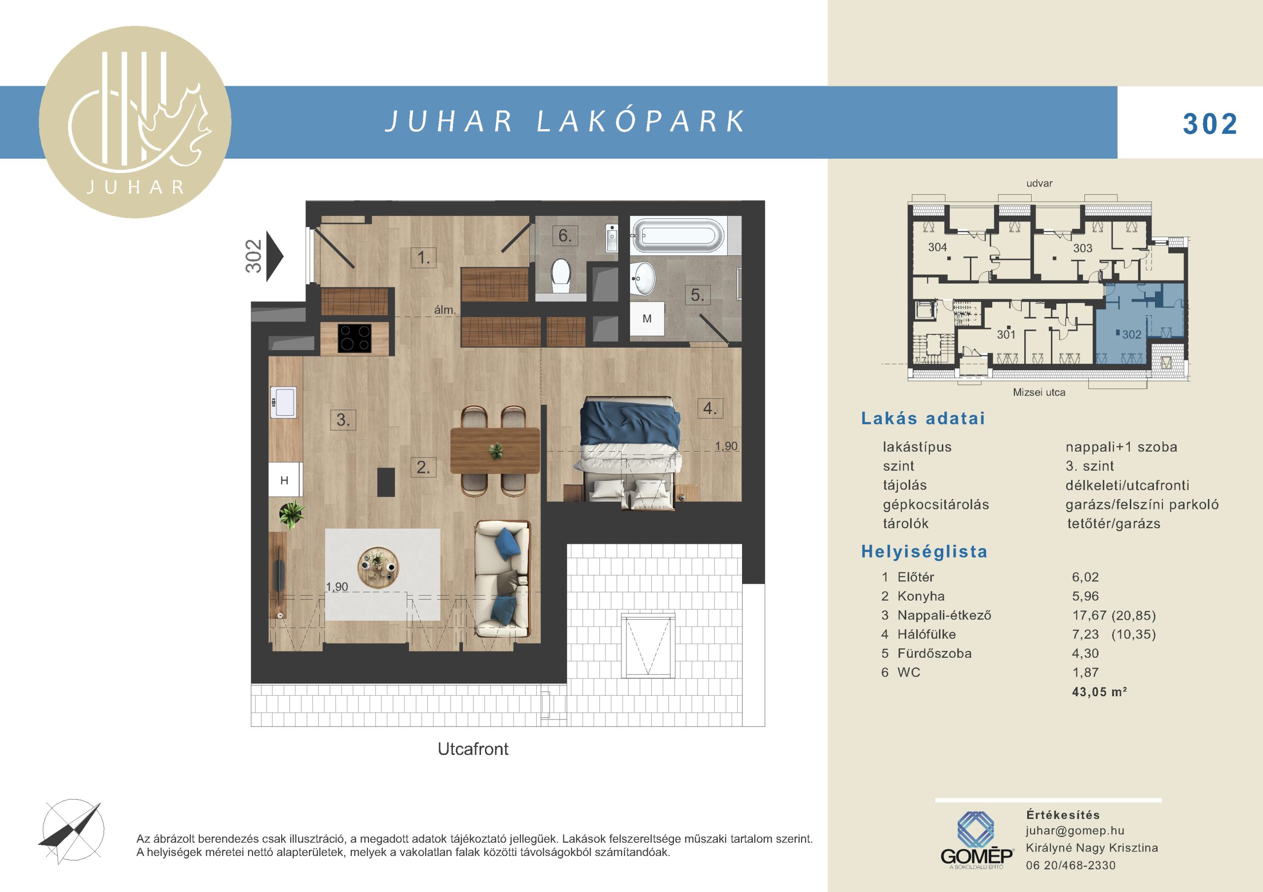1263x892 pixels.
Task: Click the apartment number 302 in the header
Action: pos(1210,124)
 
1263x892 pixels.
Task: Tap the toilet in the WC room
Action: pos(560,276)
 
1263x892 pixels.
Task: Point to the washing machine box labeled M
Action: pos(647,319)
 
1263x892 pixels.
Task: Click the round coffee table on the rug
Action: pos(378,567)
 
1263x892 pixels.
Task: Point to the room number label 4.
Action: pos(709,408)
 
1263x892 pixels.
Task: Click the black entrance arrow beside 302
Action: pos(274,256)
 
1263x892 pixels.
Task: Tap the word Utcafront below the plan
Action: pos(473,749)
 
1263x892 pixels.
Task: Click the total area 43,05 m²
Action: pos(1099,691)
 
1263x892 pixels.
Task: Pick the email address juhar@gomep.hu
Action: pos(1075,830)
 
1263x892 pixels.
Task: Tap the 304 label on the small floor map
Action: pos(937,248)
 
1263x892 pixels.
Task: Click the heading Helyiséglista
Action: pos(924,552)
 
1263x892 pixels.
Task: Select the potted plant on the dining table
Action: pos(496,451)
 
